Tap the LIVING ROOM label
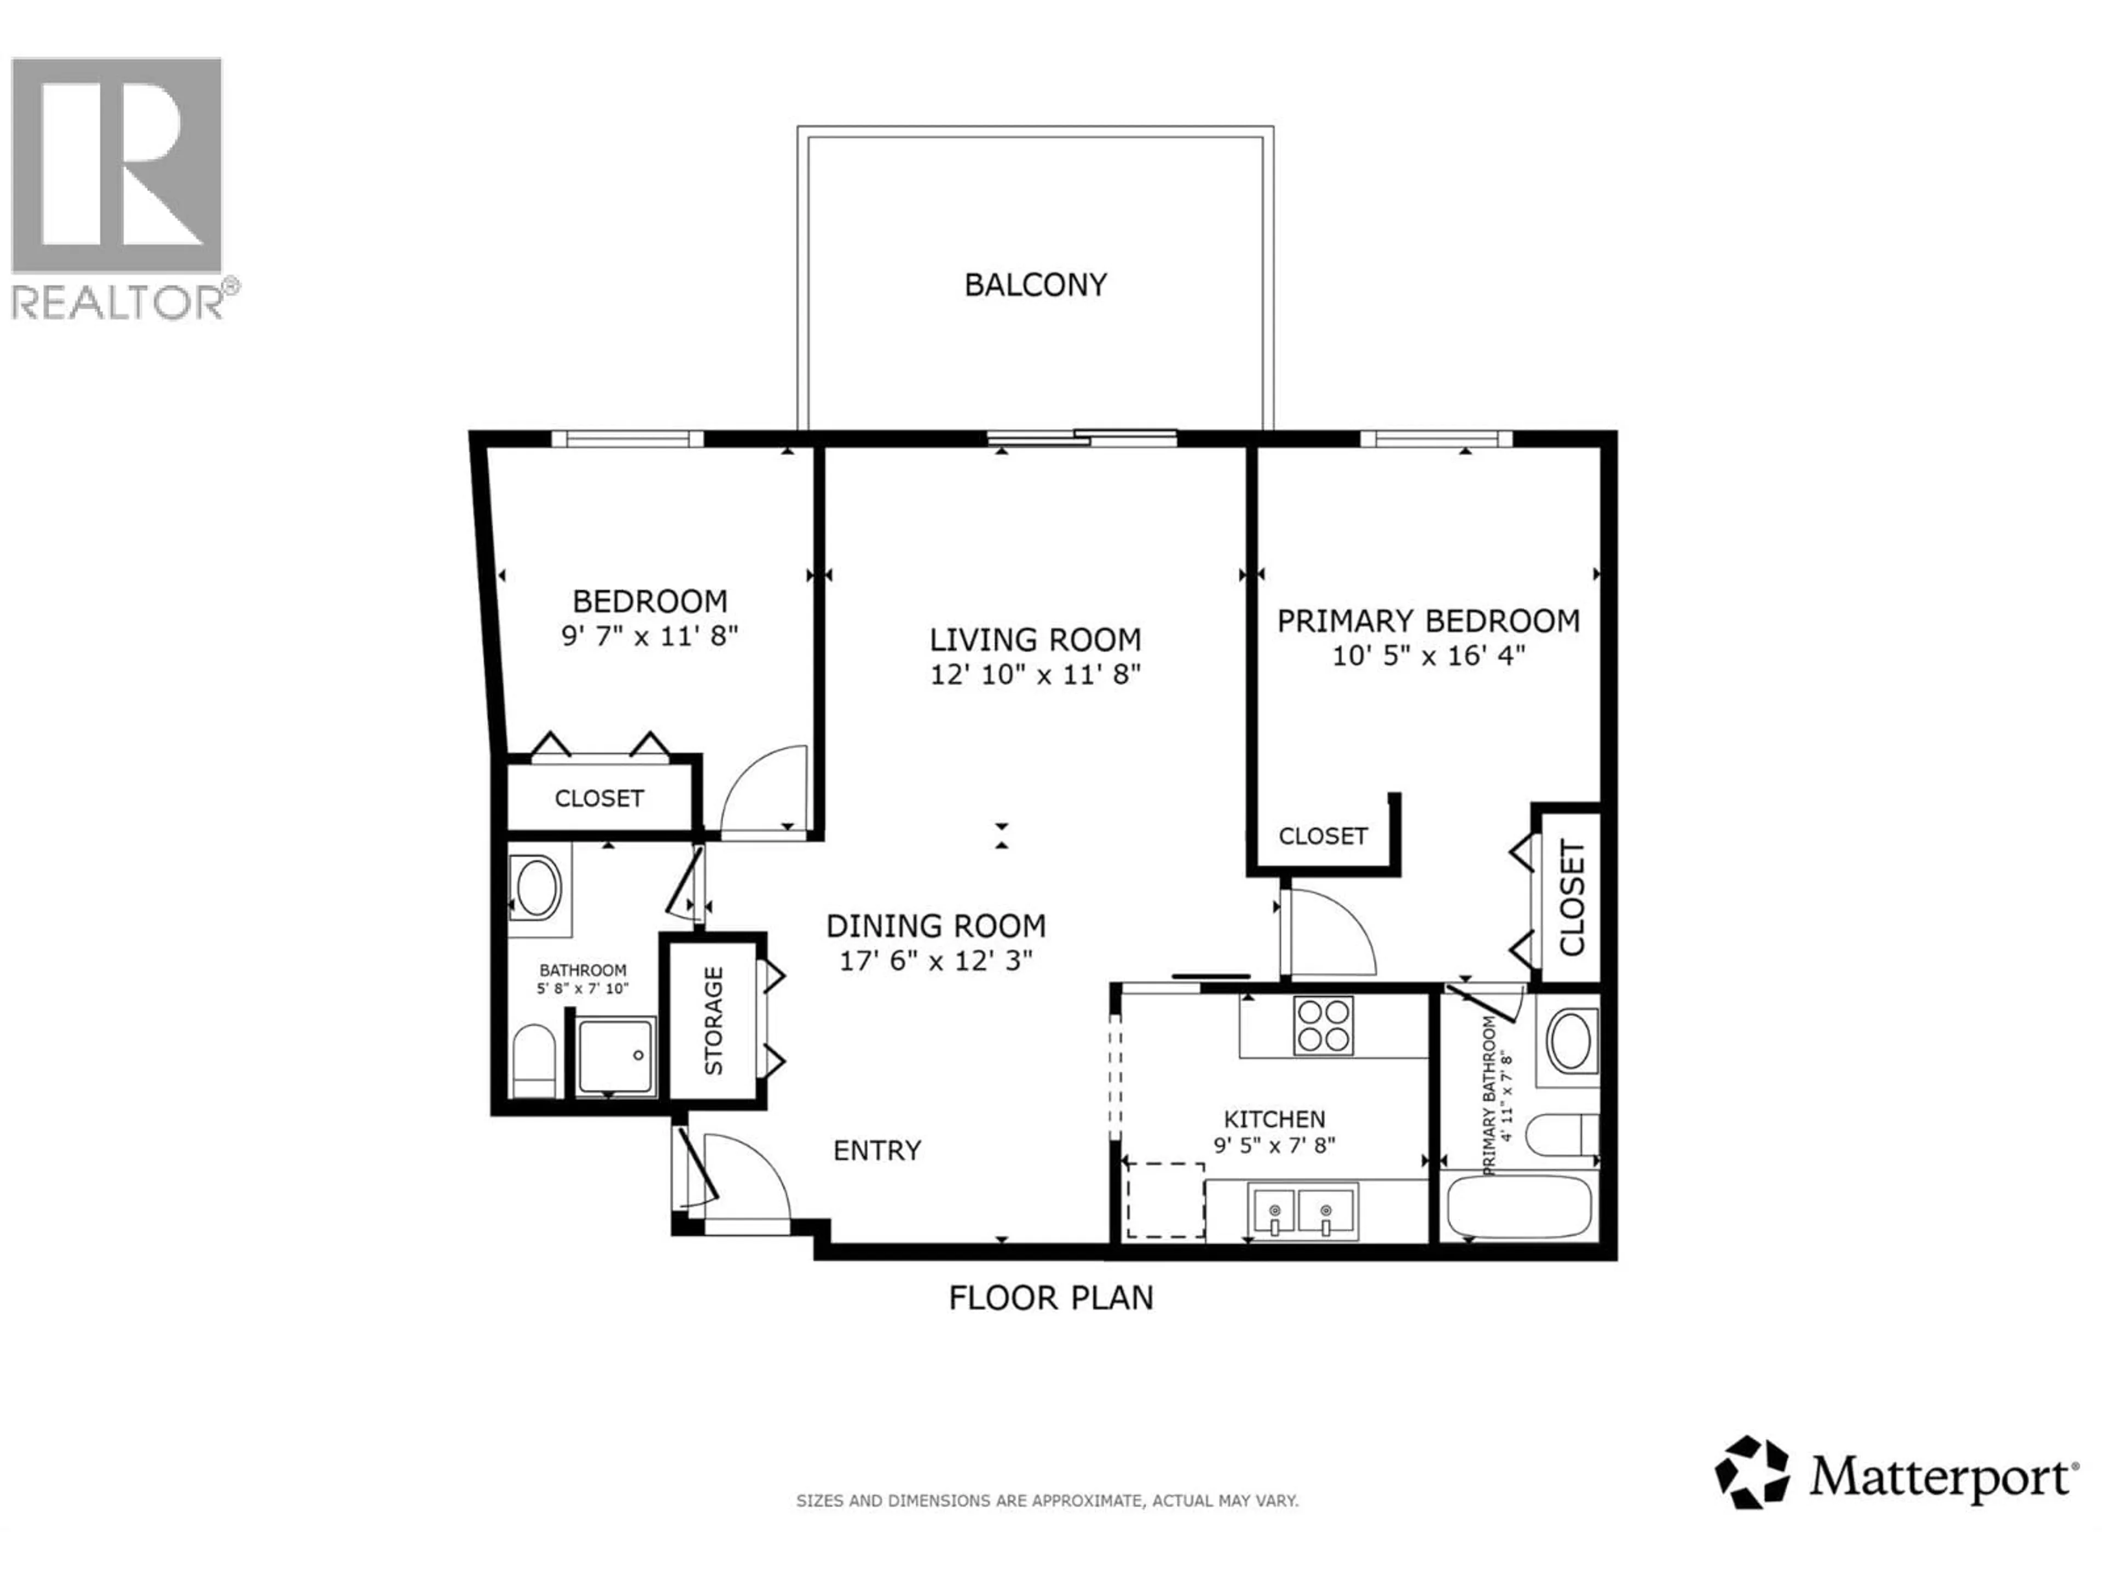(1035, 639)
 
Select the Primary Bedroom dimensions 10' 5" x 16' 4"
(1428, 656)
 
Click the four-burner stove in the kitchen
(1323, 1026)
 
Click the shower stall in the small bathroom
(616, 1056)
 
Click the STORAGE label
(714, 1021)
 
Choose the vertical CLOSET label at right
(1572, 898)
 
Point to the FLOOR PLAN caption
(1050, 1297)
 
